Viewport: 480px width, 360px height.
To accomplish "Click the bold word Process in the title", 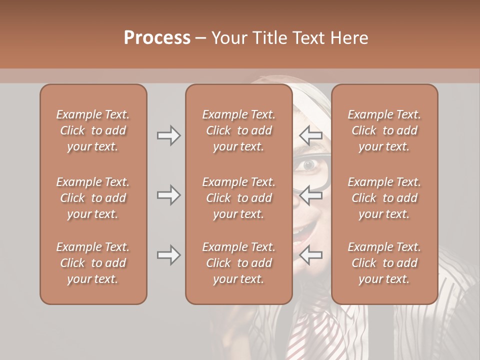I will pyautogui.click(x=157, y=38).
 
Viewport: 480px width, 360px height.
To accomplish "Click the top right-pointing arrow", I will pyautogui.click(x=168, y=135).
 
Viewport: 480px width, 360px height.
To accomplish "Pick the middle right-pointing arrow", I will pyautogui.click(x=168, y=195).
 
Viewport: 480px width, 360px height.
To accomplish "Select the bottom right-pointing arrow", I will pyautogui.click(x=168, y=255).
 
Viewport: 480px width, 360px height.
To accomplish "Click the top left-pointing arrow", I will pyautogui.click(x=311, y=135).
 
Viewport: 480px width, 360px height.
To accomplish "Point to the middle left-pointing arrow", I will pyautogui.click(x=311, y=195).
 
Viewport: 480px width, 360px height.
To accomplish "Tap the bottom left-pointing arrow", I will pyautogui.click(x=311, y=255).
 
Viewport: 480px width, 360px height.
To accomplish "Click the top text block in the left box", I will pyautogui.click(x=93, y=130).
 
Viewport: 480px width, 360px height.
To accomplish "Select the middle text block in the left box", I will pyautogui.click(x=93, y=198).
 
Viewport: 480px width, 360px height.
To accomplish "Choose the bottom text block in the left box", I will pyautogui.click(x=93, y=263).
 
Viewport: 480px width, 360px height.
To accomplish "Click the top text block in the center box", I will pyautogui.click(x=238, y=130).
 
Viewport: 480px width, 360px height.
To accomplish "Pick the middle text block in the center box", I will pyautogui.click(x=238, y=198).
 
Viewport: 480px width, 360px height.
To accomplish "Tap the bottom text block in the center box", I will pyautogui.click(x=238, y=263).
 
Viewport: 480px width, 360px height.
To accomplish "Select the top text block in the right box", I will pyautogui.click(x=384, y=130).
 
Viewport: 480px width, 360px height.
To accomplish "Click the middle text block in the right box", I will pyautogui.click(x=384, y=198).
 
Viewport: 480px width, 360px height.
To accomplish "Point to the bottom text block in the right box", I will pyautogui.click(x=384, y=263).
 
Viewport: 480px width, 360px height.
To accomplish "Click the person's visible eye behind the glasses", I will pyautogui.click(x=309, y=164).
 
